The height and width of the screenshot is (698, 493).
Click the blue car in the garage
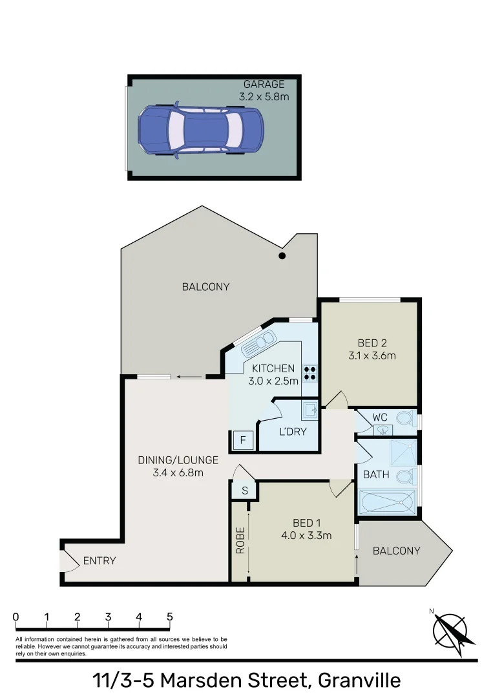pyautogui.click(x=201, y=130)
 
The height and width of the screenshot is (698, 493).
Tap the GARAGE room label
pyautogui.click(x=264, y=85)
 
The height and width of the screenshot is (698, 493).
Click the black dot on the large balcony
pyautogui.click(x=282, y=257)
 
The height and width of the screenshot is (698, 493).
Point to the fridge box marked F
pyautogui.click(x=243, y=441)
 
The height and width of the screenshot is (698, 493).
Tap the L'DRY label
pyautogui.click(x=293, y=432)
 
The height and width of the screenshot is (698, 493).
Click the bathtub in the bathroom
pyautogui.click(x=386, y=502)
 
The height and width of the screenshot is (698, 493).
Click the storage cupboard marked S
pyautogui.click(x=244, y=491)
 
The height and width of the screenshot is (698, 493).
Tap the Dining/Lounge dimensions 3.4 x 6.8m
pyautogui.click(x=178, y=472)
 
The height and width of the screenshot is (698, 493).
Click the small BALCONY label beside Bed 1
pyautogui.click(x=396, y=551)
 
